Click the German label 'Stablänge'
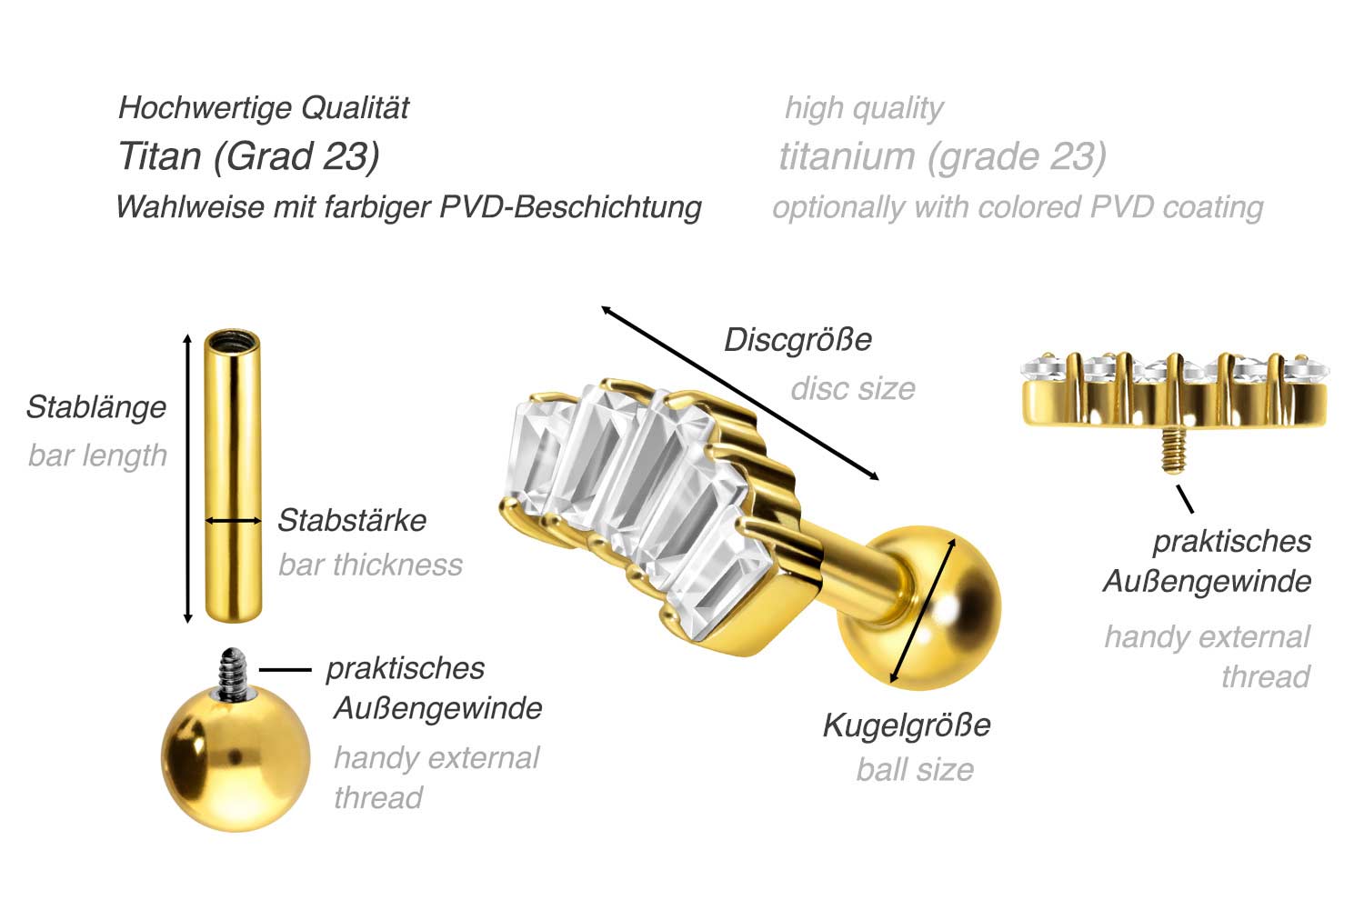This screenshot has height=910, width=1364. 96,406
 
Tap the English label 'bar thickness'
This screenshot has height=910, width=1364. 370,565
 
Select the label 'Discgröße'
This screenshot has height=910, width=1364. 797,340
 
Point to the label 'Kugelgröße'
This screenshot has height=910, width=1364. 907,725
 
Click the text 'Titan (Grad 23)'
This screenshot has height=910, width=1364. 248,156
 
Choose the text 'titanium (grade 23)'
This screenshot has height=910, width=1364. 942,156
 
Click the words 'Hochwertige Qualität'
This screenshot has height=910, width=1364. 264,108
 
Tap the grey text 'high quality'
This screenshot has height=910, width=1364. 864,108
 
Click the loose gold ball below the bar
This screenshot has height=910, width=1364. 234,759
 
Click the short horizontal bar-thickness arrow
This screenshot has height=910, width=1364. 233,521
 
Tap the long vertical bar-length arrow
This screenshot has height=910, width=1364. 188,478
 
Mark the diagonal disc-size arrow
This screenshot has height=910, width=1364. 739,394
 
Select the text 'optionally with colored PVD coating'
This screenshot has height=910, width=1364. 1018,207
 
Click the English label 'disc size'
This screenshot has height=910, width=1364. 853,389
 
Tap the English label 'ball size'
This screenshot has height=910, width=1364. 915,770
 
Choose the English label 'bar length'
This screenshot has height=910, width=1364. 98,455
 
